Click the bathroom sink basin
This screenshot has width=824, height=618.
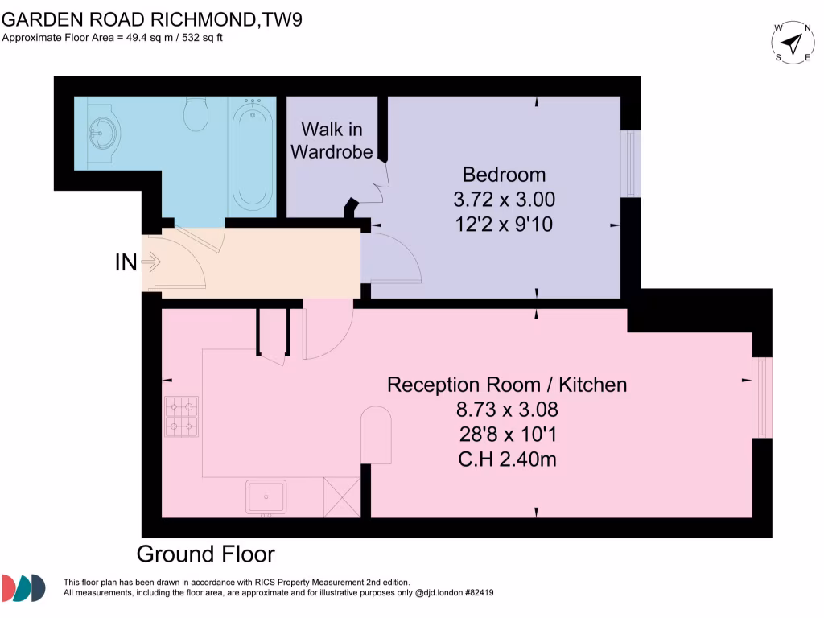pos(102,130)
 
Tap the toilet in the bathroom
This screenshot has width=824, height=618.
pos(196,115)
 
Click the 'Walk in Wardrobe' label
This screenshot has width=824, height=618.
pos(332,140)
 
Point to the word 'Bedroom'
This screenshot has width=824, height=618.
pos(504,175)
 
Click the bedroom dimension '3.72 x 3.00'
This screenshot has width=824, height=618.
pos(504,199)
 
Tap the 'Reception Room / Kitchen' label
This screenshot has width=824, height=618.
pos(507,385)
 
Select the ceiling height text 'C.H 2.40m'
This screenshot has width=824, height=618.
pos(507,460)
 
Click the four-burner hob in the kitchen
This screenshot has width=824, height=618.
pos(181,417)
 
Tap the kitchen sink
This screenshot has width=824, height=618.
pos(266,496)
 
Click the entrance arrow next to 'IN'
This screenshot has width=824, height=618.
pos(151,262)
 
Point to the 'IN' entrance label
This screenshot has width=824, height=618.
pos(126,262)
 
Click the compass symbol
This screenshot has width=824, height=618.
pos(793,43)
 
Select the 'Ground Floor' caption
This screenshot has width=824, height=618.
pos(205,554)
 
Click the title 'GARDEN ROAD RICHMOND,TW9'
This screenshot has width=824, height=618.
pos(152,19)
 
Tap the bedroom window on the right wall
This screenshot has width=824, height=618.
pos(631,163)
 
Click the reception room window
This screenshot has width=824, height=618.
pos(761,398)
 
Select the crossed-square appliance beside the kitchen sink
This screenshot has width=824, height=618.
pos(341,496)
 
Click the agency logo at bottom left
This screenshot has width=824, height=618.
pos(23,588)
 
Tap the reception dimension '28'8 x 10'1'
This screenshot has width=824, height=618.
pos(507,435)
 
